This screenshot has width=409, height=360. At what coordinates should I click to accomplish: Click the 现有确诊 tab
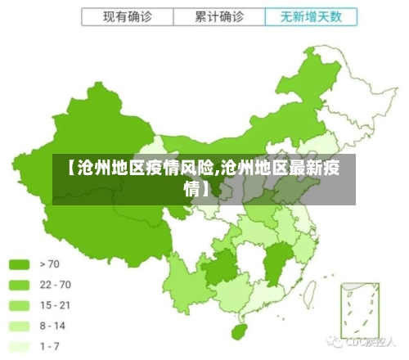click(127, 16)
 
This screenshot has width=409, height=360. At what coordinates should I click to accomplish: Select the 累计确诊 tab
click(218, 16)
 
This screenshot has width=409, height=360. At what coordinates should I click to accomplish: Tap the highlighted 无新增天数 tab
click(312, 16)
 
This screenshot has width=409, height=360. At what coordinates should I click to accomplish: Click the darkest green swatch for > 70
click(19, 264)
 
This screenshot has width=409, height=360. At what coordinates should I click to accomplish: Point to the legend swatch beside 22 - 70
click(19, 285)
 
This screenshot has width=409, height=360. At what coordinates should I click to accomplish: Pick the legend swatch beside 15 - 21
click(19, 305)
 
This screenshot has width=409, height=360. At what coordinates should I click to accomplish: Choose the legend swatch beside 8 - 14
click(19, 326)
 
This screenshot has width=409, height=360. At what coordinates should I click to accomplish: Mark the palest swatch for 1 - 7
click(19, 346)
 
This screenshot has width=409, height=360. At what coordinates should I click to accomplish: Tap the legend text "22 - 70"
click(55, 285)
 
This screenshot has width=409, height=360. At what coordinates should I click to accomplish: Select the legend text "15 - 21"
click(55, 305)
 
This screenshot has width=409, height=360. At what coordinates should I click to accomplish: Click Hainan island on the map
click(239, 332)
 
